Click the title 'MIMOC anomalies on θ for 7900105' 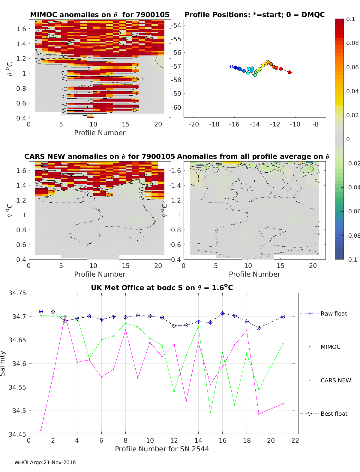pyautogui.click(x=100, y=15)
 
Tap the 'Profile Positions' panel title pyautogui.click(x=254, y=15)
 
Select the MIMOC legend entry pyautogui.click(x=330, y=347)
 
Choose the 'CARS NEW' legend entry pyautogui.click(x=335, y=380)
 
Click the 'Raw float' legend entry pyautogui.click(x=334, y=313)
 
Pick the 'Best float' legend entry pyautogui.click(x=334, y=414)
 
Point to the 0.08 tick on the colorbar pyautogui.click(x=352, y=43)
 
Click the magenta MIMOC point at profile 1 pyautogui.click(x=41, y=430)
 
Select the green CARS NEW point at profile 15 pyautogui.click(x=210, y=412)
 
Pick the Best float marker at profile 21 pyautogui.click(x=283, y=317)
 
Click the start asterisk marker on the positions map pyautogui.click(x=231, y=67)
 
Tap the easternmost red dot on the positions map pyautogui.click(x=289, y=72)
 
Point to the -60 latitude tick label pyautogui.click(x=177, y=107)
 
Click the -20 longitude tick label pyautogui.click(x=194, y=124)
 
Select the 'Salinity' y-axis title pyautogui.click(x=3, y=363)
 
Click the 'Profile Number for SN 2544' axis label pyautogui.click(x=162, y=449)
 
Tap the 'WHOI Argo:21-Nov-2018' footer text pyautogui.click(x=45, y=462)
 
